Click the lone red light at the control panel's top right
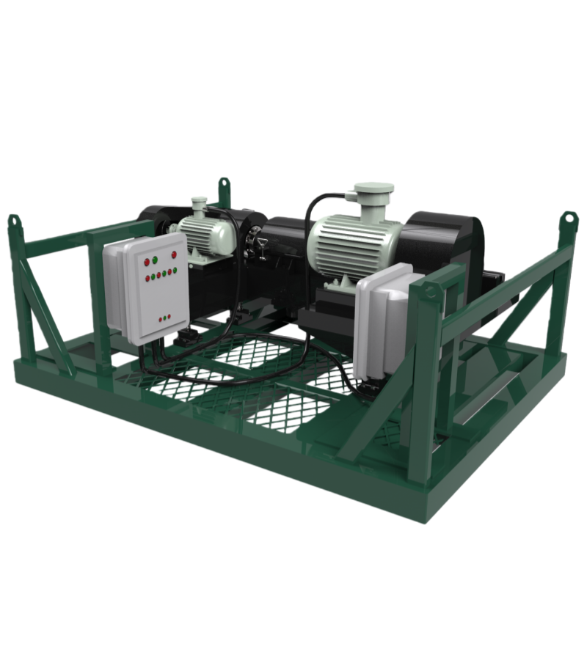tap(174, 254)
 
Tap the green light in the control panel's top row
tap(155, 260)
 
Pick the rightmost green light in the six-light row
tap(174, 271)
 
